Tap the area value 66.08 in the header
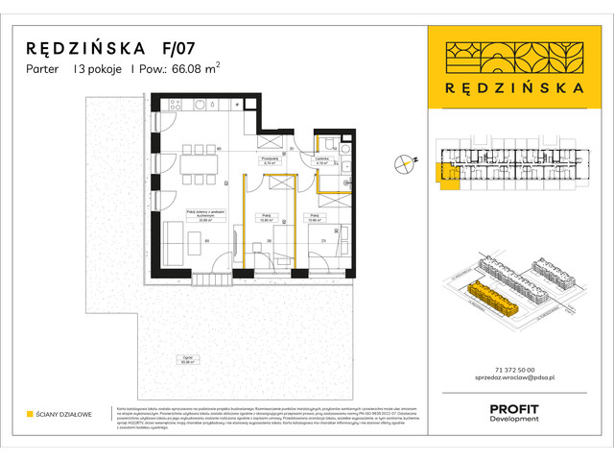(x=191, y=68)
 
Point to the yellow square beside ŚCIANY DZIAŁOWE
(x=30, y=415)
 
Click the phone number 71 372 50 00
(x=507, y=370)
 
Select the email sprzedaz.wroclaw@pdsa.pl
(x=507, y=380)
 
